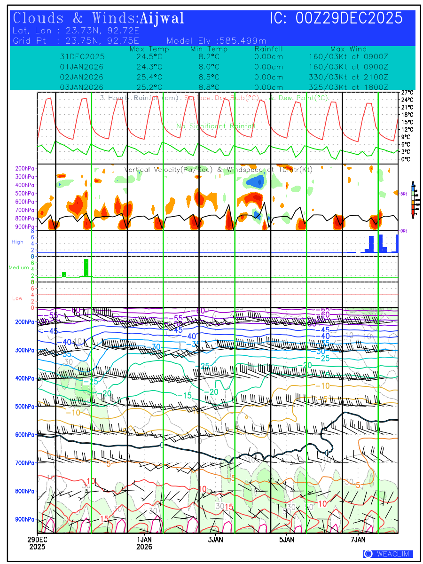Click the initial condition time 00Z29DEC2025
tap(336, 18)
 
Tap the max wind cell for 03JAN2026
tap(348, 87)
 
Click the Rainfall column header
tap(268, 49)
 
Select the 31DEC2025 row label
tap(82, 57)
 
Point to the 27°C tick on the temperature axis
tap(407, 93)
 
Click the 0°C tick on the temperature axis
tap(407, 159)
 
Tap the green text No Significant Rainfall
tap(216, 126)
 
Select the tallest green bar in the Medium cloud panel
tap(86, 267)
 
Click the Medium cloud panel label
tap(19, 267)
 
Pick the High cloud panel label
tap(17, 242)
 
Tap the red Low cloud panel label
tap(17, 298)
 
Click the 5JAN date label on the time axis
tap(286, 540)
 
